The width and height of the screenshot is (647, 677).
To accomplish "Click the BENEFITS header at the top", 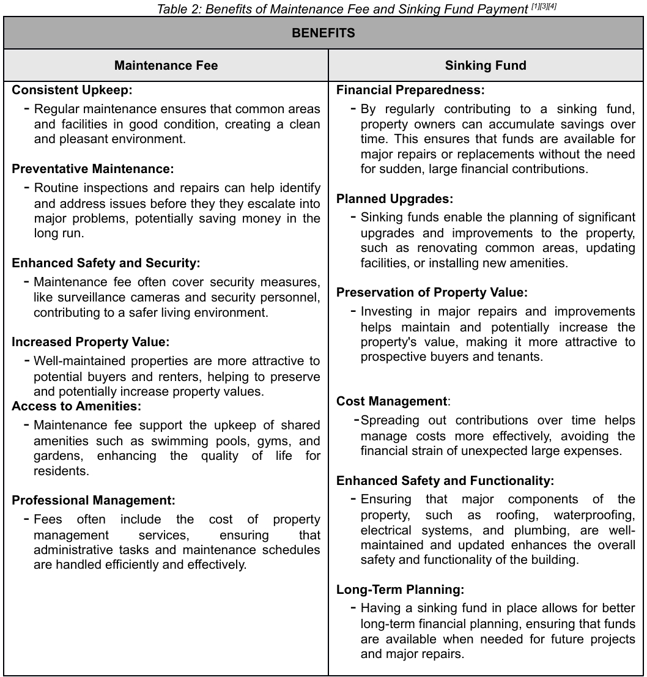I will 323,33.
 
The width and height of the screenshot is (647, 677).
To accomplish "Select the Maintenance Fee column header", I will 166,65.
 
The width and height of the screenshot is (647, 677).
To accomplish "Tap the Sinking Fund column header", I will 486,65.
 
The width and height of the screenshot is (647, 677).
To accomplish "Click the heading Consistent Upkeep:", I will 72,91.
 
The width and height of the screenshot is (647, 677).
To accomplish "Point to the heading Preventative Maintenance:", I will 93,168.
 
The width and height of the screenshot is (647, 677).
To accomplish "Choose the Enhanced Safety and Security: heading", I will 106,263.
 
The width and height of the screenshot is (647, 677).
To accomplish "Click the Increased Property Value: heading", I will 91,342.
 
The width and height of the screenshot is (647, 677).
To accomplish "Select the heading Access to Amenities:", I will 76,406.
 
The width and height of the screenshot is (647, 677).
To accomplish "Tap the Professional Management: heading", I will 94,500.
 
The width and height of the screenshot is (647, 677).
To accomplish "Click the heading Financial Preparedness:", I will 410,91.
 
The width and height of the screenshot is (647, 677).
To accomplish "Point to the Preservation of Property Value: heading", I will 432,292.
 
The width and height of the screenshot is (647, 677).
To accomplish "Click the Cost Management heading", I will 392,402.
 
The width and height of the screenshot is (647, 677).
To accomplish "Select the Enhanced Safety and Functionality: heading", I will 445,481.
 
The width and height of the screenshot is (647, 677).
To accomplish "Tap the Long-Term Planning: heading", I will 400,590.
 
